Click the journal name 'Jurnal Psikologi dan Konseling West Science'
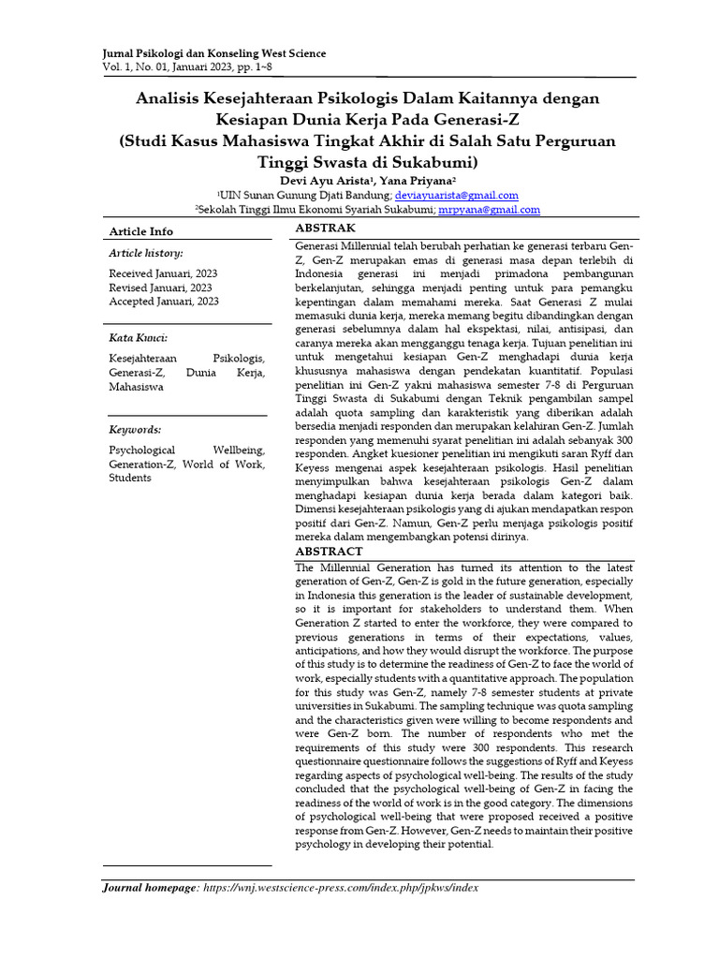pos(213,53)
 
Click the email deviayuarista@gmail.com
pos(456,195)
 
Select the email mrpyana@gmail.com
pos(490,211)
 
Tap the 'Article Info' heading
pos(141,230)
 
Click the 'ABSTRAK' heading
pos(325,228)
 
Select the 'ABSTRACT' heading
pos(329,552)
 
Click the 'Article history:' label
pos(146,253)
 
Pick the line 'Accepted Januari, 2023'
pos(164,301)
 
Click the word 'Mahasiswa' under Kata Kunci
pos(136,386)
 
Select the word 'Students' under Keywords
pos(130,478)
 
